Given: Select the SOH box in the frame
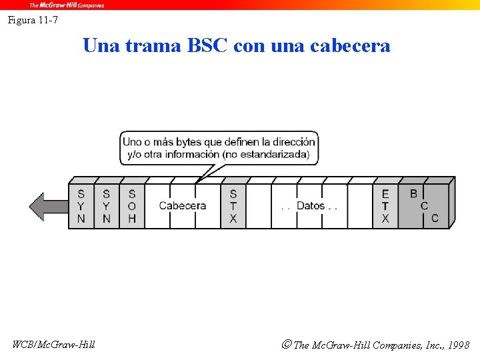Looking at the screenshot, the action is coord(132,206).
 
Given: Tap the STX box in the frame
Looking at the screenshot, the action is coord(233,206).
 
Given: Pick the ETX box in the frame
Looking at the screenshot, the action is coord(385,206).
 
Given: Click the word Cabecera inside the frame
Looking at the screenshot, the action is coord(183,206).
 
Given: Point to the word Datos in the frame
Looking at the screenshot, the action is coord(310,206).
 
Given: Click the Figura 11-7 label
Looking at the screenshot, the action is coord(33,20).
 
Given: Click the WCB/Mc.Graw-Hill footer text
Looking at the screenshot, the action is coord(54,345).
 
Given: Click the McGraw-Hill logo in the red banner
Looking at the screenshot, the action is coord(67,5).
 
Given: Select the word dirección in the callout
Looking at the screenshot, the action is coord(289,142).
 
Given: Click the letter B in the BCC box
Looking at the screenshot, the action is coord(413,194).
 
